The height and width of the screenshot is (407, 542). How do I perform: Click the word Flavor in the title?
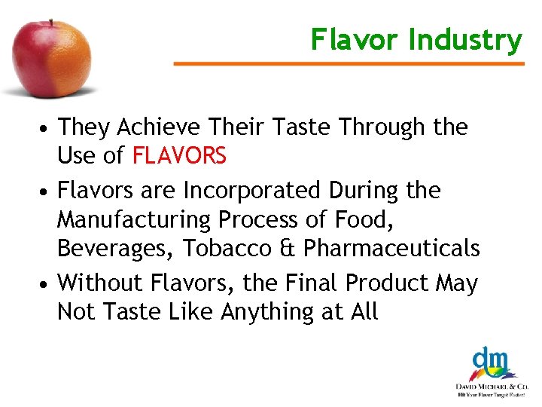355,39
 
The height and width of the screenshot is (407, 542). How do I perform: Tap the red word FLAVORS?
179,156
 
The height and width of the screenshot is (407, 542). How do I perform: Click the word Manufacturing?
136,219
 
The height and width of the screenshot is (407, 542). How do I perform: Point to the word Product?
387,283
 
